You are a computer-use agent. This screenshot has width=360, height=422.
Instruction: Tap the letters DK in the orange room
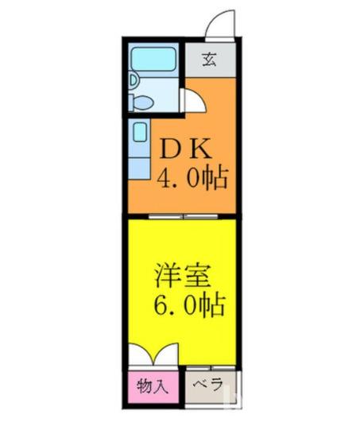186,149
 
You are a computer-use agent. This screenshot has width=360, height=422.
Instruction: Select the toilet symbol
141,102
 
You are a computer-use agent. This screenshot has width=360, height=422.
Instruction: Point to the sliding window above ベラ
211,367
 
